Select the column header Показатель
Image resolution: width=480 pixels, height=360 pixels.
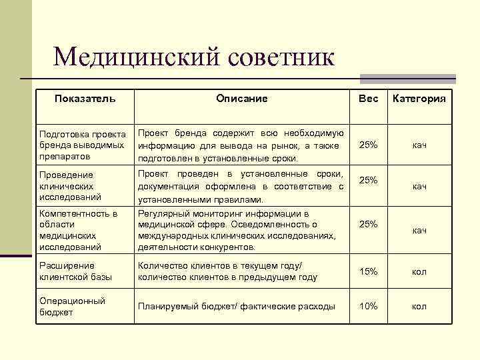click(85, 99)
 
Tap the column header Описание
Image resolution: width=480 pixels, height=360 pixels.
click(241, 99)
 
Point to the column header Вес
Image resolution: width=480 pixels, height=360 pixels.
click(368, 99)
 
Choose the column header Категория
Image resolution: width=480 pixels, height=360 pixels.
click(419, 99)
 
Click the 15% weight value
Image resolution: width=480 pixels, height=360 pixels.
click(368, 271)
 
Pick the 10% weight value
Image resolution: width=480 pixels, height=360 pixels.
click(368, 306)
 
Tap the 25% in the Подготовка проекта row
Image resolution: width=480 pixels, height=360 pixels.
click(368, 145)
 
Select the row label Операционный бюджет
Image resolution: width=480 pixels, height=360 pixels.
click(72, 307)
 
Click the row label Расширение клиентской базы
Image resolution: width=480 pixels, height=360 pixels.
click(75, 272)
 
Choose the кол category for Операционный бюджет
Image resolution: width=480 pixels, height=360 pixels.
click(419, 306)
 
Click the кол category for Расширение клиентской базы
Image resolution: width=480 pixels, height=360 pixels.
click(419, 271)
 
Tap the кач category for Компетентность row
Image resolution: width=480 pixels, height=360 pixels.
click(419, 230)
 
